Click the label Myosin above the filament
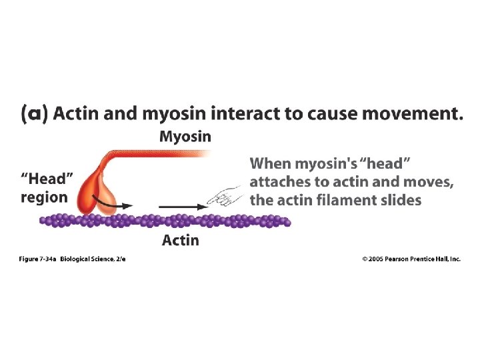tap(185, 137)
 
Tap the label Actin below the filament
tap(180, 239)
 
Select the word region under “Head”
tap(44, 197)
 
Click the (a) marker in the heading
tap(34, 114)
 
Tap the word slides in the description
tap(400, 199)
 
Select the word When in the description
tap(269, 163)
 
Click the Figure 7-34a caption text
tap(38, 259)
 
